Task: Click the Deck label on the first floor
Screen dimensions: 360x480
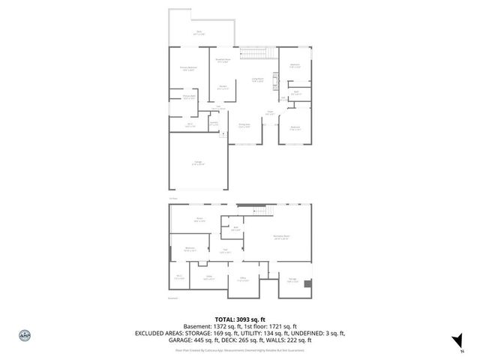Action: pyautogui.click(x=199, y=33)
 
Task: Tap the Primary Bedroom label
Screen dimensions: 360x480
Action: pyautogui.click(x=177, y=69)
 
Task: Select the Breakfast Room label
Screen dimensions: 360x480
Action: pyautogui.click(x=222, y=61)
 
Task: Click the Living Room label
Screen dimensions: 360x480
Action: pyautogui.click(x=257, y=80)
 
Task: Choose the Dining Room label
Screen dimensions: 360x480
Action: pyautogui.click(x=244, y=125)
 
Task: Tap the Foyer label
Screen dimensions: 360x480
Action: pyautogui.click(x=269, y=114)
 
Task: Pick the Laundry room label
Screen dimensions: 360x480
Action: pyautogui.click(x=213, y=124)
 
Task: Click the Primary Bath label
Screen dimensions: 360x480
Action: pyautogui.click(x=188, y=97)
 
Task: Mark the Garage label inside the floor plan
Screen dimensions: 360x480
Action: pyautogui.click(x=197, y=164)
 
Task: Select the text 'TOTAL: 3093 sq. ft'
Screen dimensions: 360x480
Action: pyautogui.click(x=239, y=318)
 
